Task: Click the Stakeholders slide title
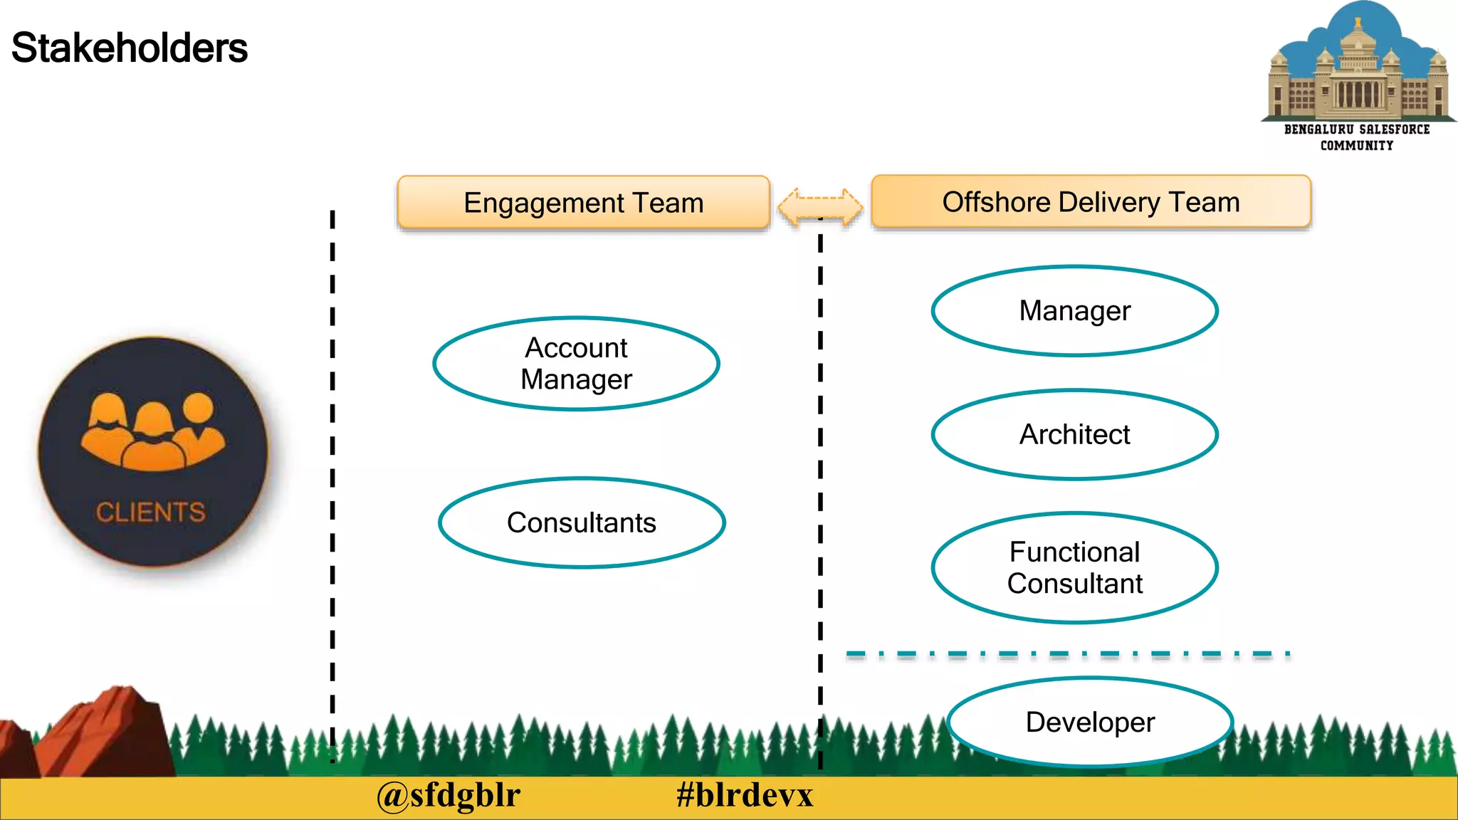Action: (129, 48)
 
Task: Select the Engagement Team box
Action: (583, 203)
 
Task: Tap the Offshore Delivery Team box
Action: (1090, 202)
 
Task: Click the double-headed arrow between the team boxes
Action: (820, 207)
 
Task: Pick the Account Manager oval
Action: (576, 364)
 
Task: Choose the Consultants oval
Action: (582, 523)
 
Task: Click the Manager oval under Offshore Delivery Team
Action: (1074, 311)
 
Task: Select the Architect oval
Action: (1074, 435)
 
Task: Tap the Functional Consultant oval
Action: (1074, 568)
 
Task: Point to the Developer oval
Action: (1089, 722)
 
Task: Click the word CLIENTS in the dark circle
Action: (150, 512)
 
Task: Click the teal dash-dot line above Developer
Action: (1068, 653)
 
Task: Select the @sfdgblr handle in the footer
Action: (449, 796)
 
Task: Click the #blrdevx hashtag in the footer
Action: (744, 796)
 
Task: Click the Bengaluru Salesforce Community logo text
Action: (1357, 137)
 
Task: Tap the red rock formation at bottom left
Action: (100, 733)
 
